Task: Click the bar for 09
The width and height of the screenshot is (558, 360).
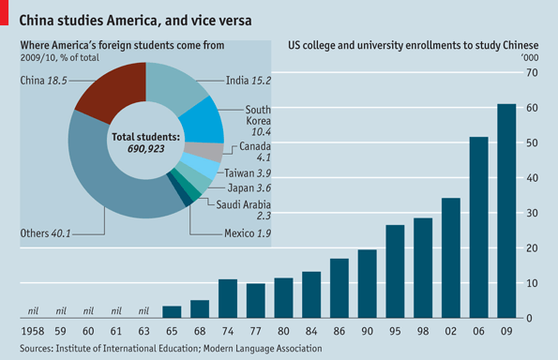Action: point(506,211)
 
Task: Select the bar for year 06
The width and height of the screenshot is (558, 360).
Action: point(478,227)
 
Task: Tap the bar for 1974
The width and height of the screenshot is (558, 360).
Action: point(228,298)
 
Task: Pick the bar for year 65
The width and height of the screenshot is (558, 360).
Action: point(172,311)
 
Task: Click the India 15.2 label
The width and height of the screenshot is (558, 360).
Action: point(249,81)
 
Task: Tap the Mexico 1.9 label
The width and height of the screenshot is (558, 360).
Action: point(248,233)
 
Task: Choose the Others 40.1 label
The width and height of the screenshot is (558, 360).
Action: point(45,233)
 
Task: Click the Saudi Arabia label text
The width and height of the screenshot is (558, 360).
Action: point(244,204)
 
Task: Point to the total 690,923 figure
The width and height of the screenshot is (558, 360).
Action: point(146,149)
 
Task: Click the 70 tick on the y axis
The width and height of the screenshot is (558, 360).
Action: point(533,73)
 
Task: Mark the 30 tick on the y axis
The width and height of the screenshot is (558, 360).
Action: point(533,213)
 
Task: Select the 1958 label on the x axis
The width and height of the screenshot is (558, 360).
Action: point(33,332)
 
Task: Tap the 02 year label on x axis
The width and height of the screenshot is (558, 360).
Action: point(450,332)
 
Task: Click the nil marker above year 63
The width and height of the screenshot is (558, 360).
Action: point(143,311)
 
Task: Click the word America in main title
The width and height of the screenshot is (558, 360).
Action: point(131,21)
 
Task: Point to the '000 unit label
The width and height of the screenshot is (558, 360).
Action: point(530,57)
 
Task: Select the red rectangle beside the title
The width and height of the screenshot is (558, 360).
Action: point(4,12)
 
